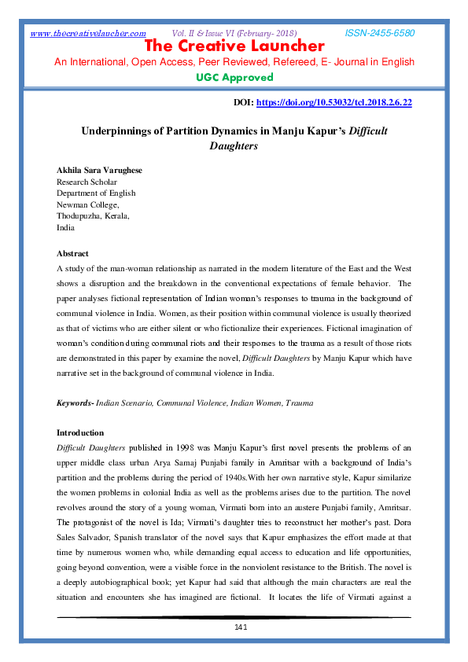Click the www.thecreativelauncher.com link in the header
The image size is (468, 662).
click(88, 33)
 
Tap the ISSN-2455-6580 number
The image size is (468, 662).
click(380, 33)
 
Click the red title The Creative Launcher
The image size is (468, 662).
click(234, 46)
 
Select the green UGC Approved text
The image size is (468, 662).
click(234, 77)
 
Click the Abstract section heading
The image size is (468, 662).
click(72, 254)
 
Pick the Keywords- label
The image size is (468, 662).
click(75, 403)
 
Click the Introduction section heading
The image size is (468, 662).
click(80, 432)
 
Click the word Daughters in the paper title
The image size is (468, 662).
click(234, 145)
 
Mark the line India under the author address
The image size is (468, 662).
click(66, 227)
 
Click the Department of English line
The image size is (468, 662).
click(96, 193)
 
